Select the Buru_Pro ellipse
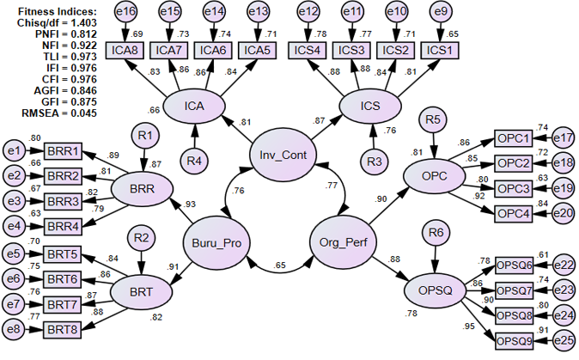[x=217, y=242]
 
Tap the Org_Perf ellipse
[x=343, y=242]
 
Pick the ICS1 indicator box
[x=439, y=49]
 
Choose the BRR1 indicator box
[x=63, y=151]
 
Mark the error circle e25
[x=564, y=340]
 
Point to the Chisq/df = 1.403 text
[x=52, y=23]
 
